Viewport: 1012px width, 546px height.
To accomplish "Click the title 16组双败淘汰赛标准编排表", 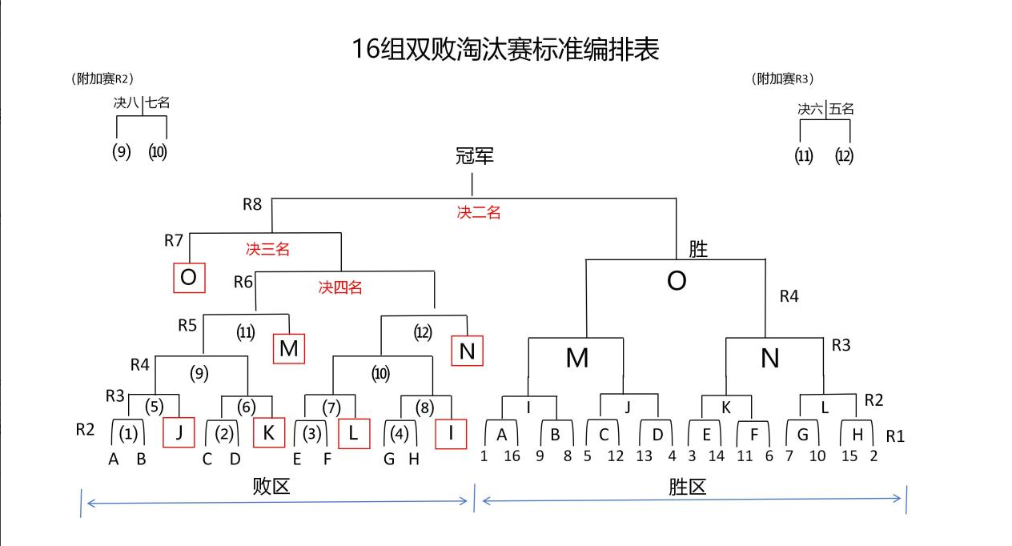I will (505, 50).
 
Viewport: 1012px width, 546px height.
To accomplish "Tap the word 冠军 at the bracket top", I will (474, 156).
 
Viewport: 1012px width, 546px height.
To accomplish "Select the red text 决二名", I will (479, 213).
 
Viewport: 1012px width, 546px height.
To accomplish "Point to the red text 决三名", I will (267, 249).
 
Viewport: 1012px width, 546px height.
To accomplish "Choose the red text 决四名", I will (340, 287).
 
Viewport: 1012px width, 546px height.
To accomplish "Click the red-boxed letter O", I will (189, 278).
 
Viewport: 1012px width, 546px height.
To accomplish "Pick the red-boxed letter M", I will (289, 348).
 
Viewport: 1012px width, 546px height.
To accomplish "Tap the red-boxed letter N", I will (467, 351).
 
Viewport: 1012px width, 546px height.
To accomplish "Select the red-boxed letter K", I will (269, 432).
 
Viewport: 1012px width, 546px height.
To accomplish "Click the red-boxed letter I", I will (451, 433).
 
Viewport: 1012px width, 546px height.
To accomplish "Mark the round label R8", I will (252, 204).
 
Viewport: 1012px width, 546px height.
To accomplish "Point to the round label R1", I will (895, 436).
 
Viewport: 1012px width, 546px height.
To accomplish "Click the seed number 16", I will (512, 456).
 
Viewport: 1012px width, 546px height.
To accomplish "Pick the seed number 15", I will (849, 456).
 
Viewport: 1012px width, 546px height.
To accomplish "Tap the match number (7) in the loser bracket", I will (331, 407).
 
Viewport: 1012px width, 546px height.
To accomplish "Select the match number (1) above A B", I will (128, 434).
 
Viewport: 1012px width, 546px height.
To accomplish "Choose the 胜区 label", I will (687, 486).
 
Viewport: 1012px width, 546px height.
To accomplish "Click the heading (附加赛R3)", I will (782, 78).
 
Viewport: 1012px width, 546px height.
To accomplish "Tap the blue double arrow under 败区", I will (276, 502).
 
